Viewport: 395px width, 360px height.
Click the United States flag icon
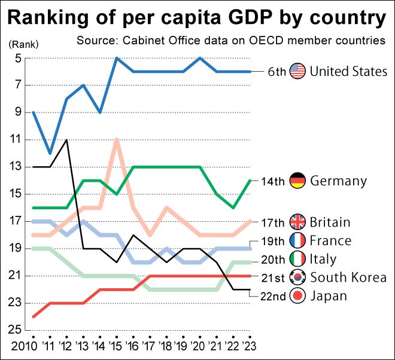point(297,71)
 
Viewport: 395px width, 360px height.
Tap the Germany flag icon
point(297,180)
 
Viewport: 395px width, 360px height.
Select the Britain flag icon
point(297,222)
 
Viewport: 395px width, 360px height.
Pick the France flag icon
point(297,240)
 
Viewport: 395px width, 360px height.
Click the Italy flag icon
point(297,259)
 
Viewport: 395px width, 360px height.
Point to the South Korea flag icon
point(297,277)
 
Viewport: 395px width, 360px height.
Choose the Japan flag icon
point(297,295)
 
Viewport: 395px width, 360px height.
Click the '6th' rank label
point(276,71)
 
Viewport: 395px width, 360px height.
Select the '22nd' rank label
point(273,295)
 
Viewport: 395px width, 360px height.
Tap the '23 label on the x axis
point(250,345)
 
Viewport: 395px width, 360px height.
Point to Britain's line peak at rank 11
point(117,139)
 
